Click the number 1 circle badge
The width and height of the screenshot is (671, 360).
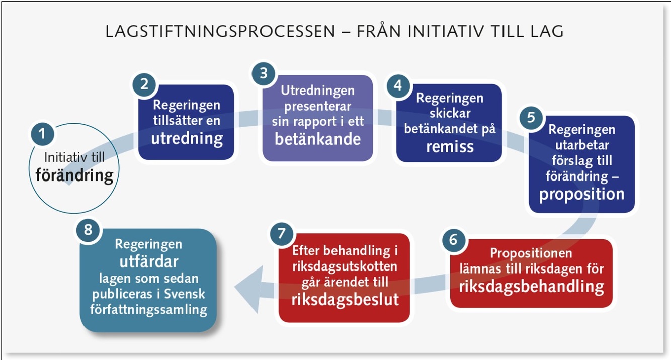(42, 134)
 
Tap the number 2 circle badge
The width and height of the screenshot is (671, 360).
(144, 84)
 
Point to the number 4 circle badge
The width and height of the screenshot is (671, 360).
(398, 85)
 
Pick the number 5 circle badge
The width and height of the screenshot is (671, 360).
(531, 117)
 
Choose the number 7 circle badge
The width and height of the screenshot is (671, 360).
(281, 233)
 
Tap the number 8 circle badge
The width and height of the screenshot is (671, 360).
(88, 230)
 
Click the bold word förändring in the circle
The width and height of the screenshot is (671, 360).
(74, 175)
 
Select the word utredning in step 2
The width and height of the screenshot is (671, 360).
(187, 138)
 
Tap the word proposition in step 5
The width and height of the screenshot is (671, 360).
(581, 194)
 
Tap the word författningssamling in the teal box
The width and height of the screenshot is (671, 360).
(148, 309)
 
